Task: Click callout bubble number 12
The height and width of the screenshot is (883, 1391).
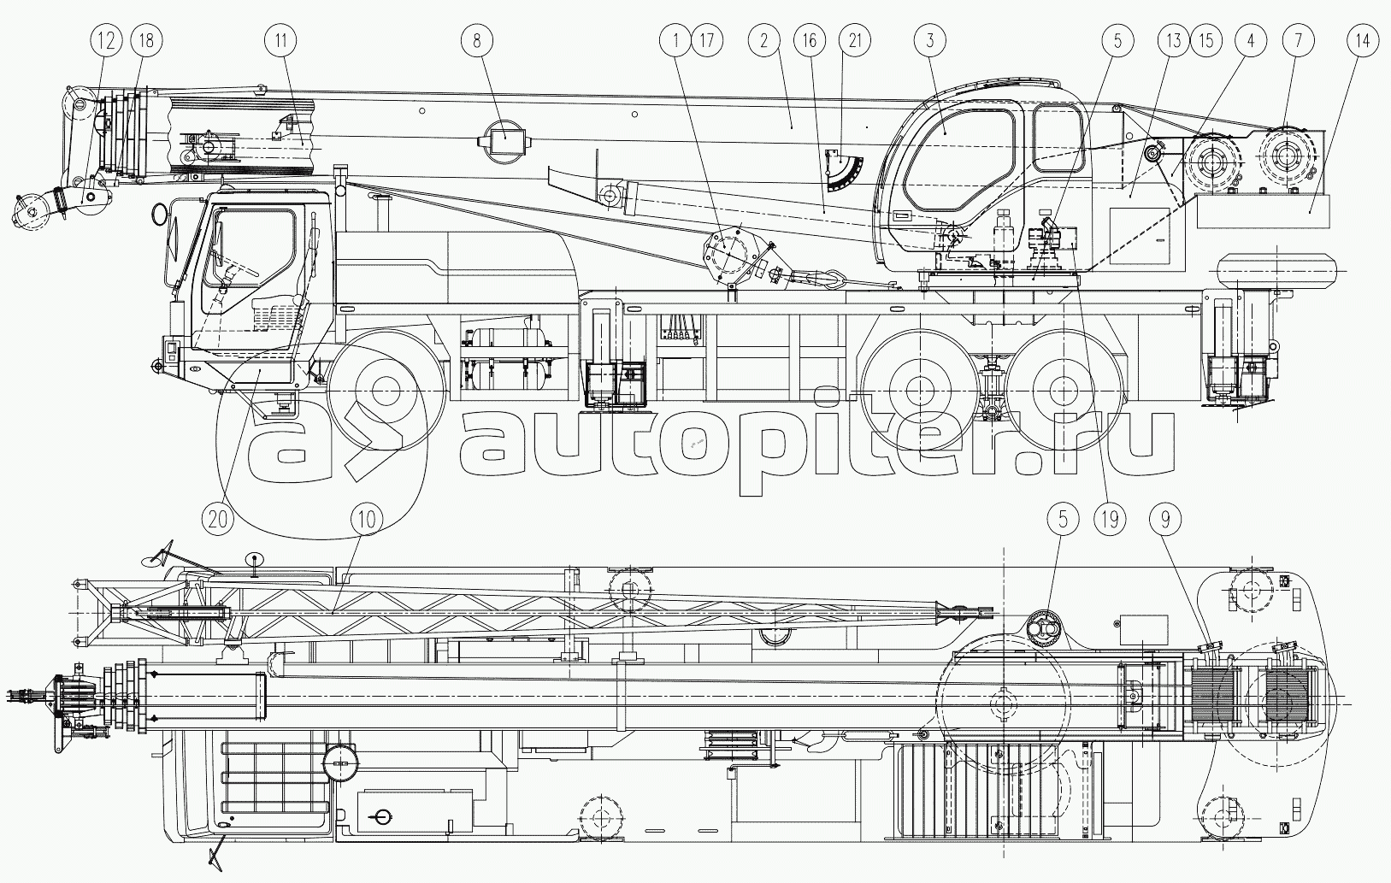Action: [106, 40]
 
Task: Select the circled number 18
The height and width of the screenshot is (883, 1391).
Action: [146, 40]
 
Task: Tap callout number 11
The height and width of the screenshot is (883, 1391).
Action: [280, 40]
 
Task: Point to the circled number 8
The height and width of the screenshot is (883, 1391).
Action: [477, 40]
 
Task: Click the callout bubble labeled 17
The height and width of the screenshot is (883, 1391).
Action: [707, 40]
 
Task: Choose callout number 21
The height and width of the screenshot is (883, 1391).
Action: [855, 40]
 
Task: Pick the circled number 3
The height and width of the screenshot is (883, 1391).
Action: [930, 40]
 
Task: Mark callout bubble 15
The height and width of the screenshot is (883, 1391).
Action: [1206, 40]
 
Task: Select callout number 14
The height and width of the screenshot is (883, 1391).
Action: [1363, 40]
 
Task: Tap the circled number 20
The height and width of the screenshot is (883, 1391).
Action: [218, 519]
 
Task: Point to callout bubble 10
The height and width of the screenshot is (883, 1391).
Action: [367, 519]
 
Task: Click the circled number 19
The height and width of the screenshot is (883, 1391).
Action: [1110, 519]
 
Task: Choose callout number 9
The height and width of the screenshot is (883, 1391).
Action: [1165, 519]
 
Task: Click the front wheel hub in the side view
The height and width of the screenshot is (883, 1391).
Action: [386, 389]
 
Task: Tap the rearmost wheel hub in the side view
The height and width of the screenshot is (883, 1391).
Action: [1063, 389]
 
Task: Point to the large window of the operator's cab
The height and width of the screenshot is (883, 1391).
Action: [959, 159]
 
